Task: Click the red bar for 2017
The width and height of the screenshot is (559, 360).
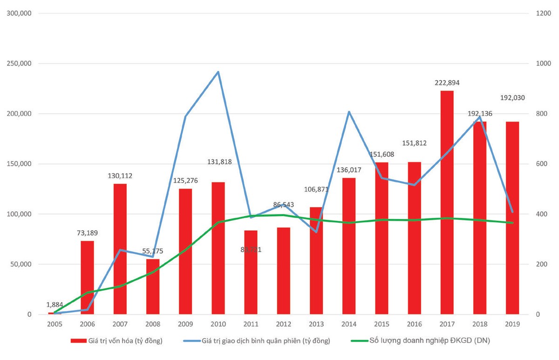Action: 447,203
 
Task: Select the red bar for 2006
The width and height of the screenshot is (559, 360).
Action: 87,278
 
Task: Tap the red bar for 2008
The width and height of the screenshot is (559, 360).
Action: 152,286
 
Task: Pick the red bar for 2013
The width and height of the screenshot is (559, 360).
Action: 316,261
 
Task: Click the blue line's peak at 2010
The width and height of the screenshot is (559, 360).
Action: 218,72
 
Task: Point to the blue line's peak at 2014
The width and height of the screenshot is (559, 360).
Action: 349,112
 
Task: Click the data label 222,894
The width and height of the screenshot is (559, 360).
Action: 447,83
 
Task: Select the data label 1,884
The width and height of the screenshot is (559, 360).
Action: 55,305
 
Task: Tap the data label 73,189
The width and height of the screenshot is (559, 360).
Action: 87,233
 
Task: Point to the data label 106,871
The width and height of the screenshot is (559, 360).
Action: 316,189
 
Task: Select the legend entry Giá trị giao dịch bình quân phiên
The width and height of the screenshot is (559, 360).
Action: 266,341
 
